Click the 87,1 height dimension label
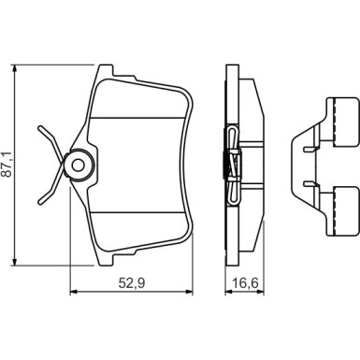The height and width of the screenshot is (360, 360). (x=7, y=165)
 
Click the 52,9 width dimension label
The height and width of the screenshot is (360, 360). (x=132, y=283)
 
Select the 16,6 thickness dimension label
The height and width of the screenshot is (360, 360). (x=245, y=283)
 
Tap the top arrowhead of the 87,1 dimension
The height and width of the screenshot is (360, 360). (x=14, y=68)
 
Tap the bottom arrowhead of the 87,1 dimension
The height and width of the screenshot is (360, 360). (x=14, y=262)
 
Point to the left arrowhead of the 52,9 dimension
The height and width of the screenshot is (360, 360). (x=74, y=292)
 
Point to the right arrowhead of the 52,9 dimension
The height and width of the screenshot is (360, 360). (x=189, y=292)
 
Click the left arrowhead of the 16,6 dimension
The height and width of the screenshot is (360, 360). (x=229, y=292)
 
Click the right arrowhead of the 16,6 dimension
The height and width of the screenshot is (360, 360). (x=260, y=292)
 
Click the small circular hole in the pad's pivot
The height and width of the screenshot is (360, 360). (x=78, y=165)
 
